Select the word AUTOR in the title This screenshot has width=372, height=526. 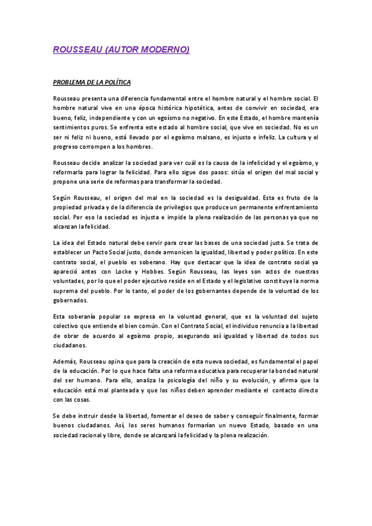coord(122,49)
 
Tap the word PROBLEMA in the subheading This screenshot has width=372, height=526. coord(73,82)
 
